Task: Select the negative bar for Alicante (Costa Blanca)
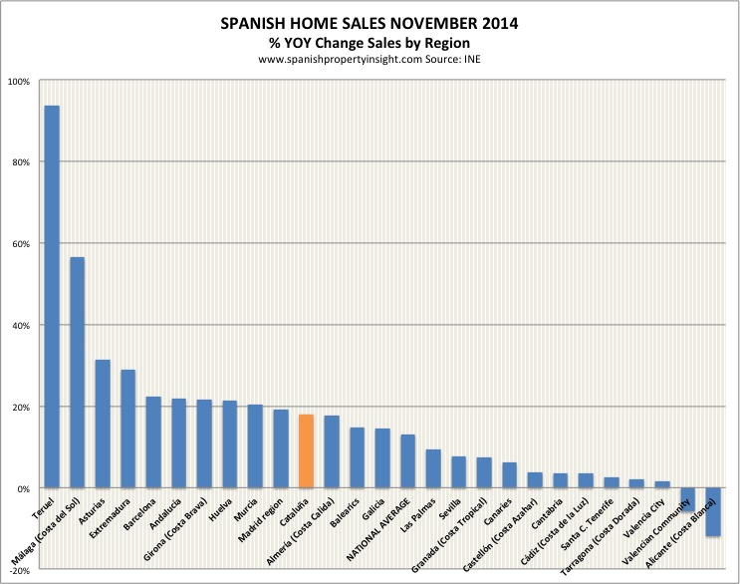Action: coord(713,512)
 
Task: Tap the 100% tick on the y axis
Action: coord(19,81)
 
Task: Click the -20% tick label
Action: coord(19,571)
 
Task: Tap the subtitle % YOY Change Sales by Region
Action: coord(370,43)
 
